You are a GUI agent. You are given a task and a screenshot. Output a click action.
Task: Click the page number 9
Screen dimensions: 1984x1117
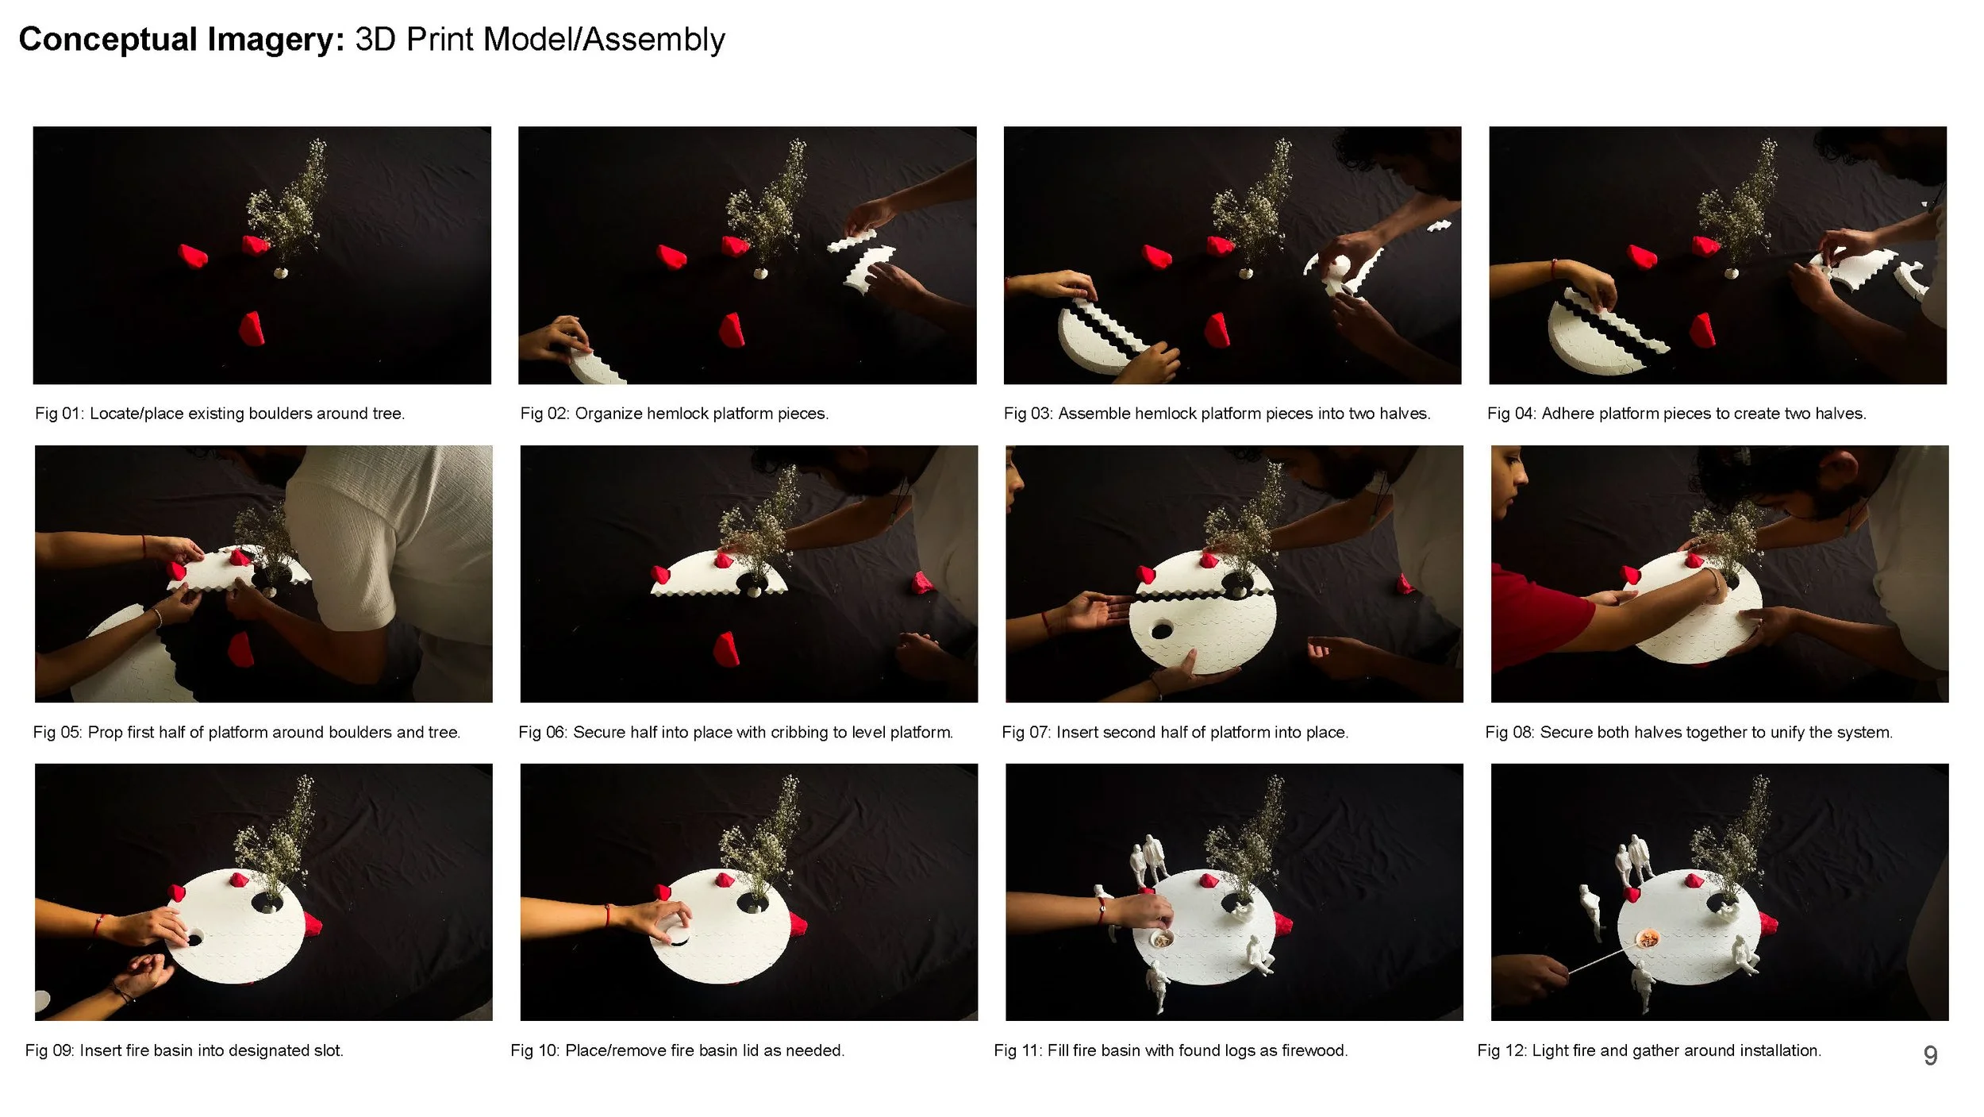pyautogui.click(x=1930, y=1055)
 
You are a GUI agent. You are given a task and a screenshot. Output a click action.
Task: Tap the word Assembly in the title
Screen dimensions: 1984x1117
pyautogui.click(x=654, y=40)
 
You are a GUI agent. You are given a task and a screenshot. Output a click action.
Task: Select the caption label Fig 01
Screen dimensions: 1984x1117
pyautogui.click(x=58, y=414)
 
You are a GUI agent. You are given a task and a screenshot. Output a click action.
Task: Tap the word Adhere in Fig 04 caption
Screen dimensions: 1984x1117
pyautogui.click(x=1566, y=414)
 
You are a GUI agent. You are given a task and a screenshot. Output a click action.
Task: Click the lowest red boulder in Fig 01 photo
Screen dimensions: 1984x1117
pyautogui.click(x=252, y=329)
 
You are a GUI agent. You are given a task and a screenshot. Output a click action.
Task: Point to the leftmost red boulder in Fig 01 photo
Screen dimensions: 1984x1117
pyautogui.click(x=193, y=256)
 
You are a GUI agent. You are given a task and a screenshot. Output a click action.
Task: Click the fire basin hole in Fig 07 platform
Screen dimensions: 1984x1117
pyautogui.click(x=1162, y=631)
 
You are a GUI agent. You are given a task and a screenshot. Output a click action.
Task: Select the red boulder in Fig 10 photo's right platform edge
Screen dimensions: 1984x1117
pyautogui.click(x=798, y=923)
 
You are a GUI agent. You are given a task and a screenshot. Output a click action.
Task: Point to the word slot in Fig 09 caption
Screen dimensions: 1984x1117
pyautogui.click(x=329, y=1050)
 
